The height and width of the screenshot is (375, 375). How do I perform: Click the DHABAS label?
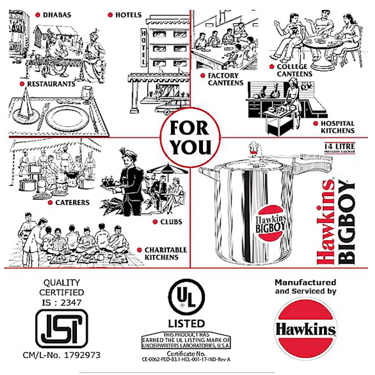(57, 15)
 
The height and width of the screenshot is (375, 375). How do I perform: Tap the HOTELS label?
(128, 15)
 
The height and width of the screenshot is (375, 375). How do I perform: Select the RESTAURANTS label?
(51, 84)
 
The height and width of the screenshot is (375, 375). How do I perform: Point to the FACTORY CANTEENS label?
(223, 79)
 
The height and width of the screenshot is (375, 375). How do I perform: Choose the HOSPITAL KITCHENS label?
(337, 127)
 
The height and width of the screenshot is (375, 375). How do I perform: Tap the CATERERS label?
(71, 203)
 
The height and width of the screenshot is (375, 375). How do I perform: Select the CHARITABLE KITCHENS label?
(165, 254)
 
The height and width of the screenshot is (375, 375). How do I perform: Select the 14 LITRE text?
(338, 146)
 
